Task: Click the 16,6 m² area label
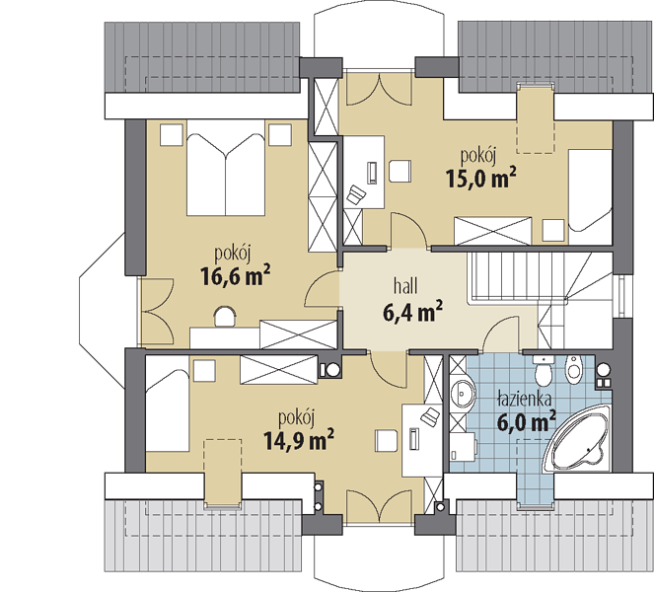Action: coord(235,275)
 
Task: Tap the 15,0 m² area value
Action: coord(481,178)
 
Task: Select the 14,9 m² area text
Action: coord(299,440)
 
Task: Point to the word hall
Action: coord(405,286)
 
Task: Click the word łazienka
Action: coord(525,400)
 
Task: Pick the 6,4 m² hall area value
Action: coord(412,312)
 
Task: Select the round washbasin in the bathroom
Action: coord(463,392)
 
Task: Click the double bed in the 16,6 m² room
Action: coord(226,168)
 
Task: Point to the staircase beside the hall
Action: coord(541,292)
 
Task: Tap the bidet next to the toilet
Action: coord(573,369)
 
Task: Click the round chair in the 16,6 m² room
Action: coord(225,317)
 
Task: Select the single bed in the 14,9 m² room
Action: coord(168,404)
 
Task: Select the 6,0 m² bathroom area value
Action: coord(527,421)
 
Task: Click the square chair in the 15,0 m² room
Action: coord(400,171)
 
